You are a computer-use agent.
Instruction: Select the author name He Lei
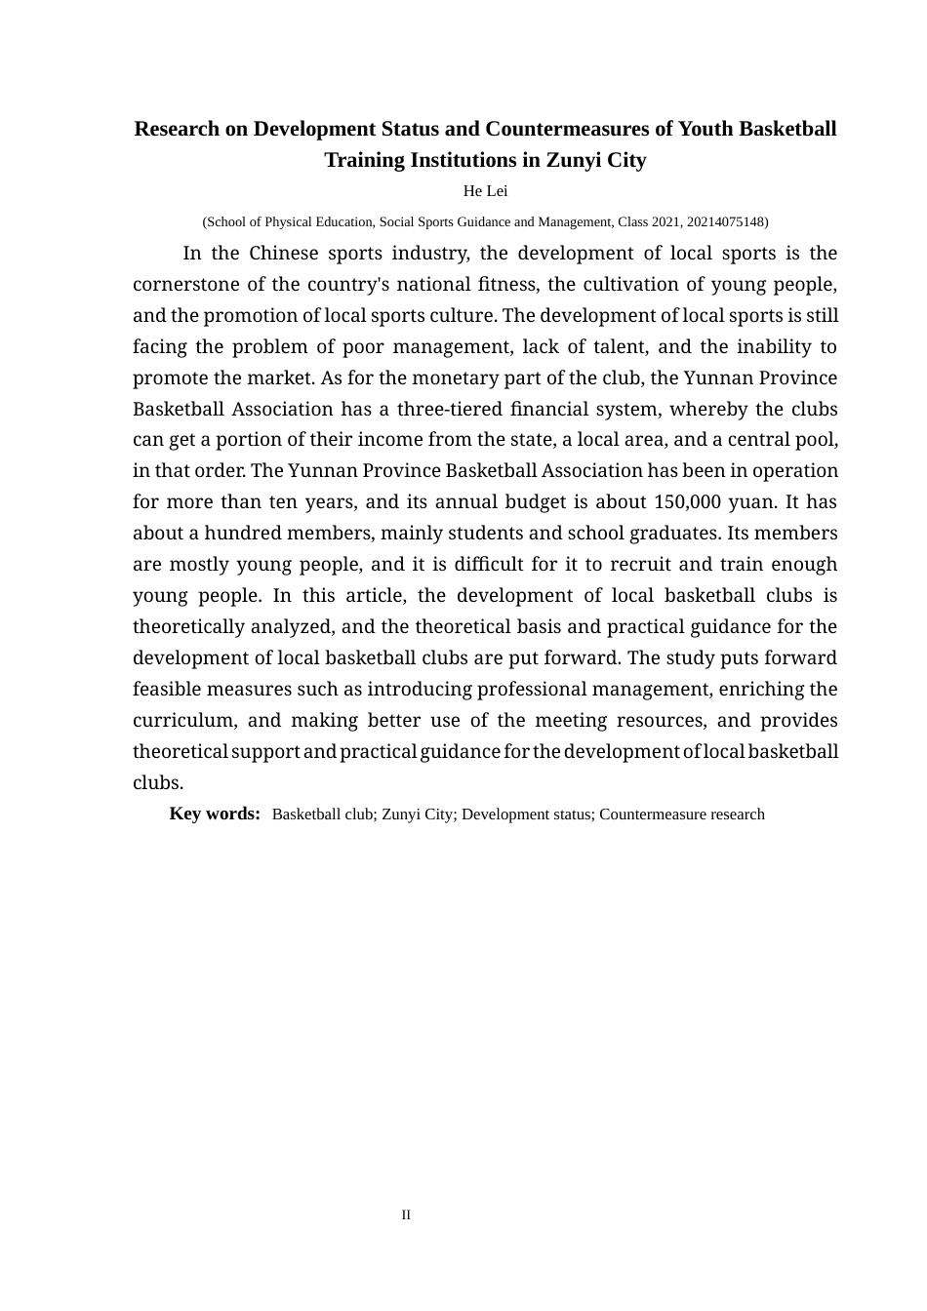(x=485, y=191)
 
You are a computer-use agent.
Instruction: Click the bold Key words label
(x=215, y=814)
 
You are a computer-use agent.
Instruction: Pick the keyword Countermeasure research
(x=681, y=814)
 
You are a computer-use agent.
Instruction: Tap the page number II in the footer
(x=406, y=1214)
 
